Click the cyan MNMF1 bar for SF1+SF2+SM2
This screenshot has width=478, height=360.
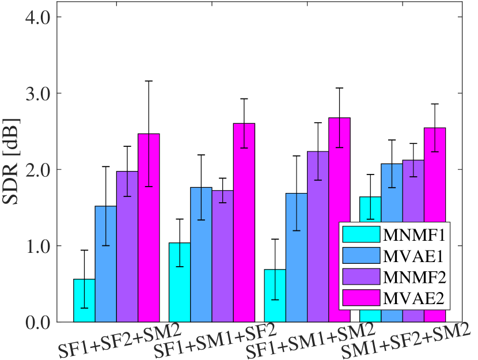point(84,300)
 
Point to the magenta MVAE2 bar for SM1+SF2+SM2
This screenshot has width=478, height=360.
point(435,225)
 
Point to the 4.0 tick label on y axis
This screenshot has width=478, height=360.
point(37,17)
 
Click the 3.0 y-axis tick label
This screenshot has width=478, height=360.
point(37,93)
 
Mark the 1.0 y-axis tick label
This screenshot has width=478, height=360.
point(37,246)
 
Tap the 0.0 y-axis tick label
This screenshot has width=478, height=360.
point(37,322)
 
